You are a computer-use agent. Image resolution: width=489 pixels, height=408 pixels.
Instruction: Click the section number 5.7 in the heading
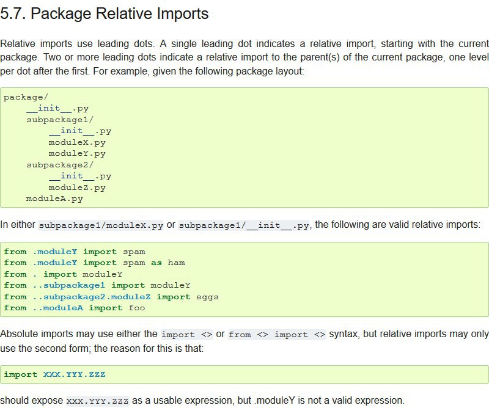click(13, 13)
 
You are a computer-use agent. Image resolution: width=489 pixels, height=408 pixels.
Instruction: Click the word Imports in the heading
click(182, 14)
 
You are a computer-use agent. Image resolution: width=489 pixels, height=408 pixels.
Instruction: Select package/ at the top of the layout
click(26, 97)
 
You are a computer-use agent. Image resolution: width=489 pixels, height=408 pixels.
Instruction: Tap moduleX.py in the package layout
click(77, 142)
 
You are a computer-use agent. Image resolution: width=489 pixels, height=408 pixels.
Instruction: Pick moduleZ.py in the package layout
click(77, 188)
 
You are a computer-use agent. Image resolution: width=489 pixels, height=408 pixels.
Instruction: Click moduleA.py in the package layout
click(54, 199)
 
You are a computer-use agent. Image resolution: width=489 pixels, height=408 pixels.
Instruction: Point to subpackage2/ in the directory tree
click(60, 165)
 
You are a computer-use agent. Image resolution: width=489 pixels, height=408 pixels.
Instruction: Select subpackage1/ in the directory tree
click(60, 120)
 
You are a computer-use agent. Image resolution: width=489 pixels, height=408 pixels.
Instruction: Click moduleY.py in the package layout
click(77, 154)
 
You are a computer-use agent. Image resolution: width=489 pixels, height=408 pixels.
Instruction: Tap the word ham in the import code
click(176, 263)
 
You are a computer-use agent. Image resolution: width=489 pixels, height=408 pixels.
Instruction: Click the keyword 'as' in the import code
click(156, 263)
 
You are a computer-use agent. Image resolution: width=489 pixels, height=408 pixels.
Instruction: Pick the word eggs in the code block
click(207, 297)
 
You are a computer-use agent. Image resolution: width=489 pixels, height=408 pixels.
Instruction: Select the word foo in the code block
click(136, 308)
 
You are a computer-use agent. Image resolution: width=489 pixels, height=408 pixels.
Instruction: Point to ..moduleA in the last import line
click(58, 308)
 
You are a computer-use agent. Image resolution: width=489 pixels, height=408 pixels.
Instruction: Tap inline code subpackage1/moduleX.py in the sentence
click(101, 225)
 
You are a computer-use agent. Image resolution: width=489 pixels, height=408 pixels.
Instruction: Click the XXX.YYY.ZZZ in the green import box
click(74, 374)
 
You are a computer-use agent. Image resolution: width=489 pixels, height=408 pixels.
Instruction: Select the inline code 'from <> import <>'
click(277, 335)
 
